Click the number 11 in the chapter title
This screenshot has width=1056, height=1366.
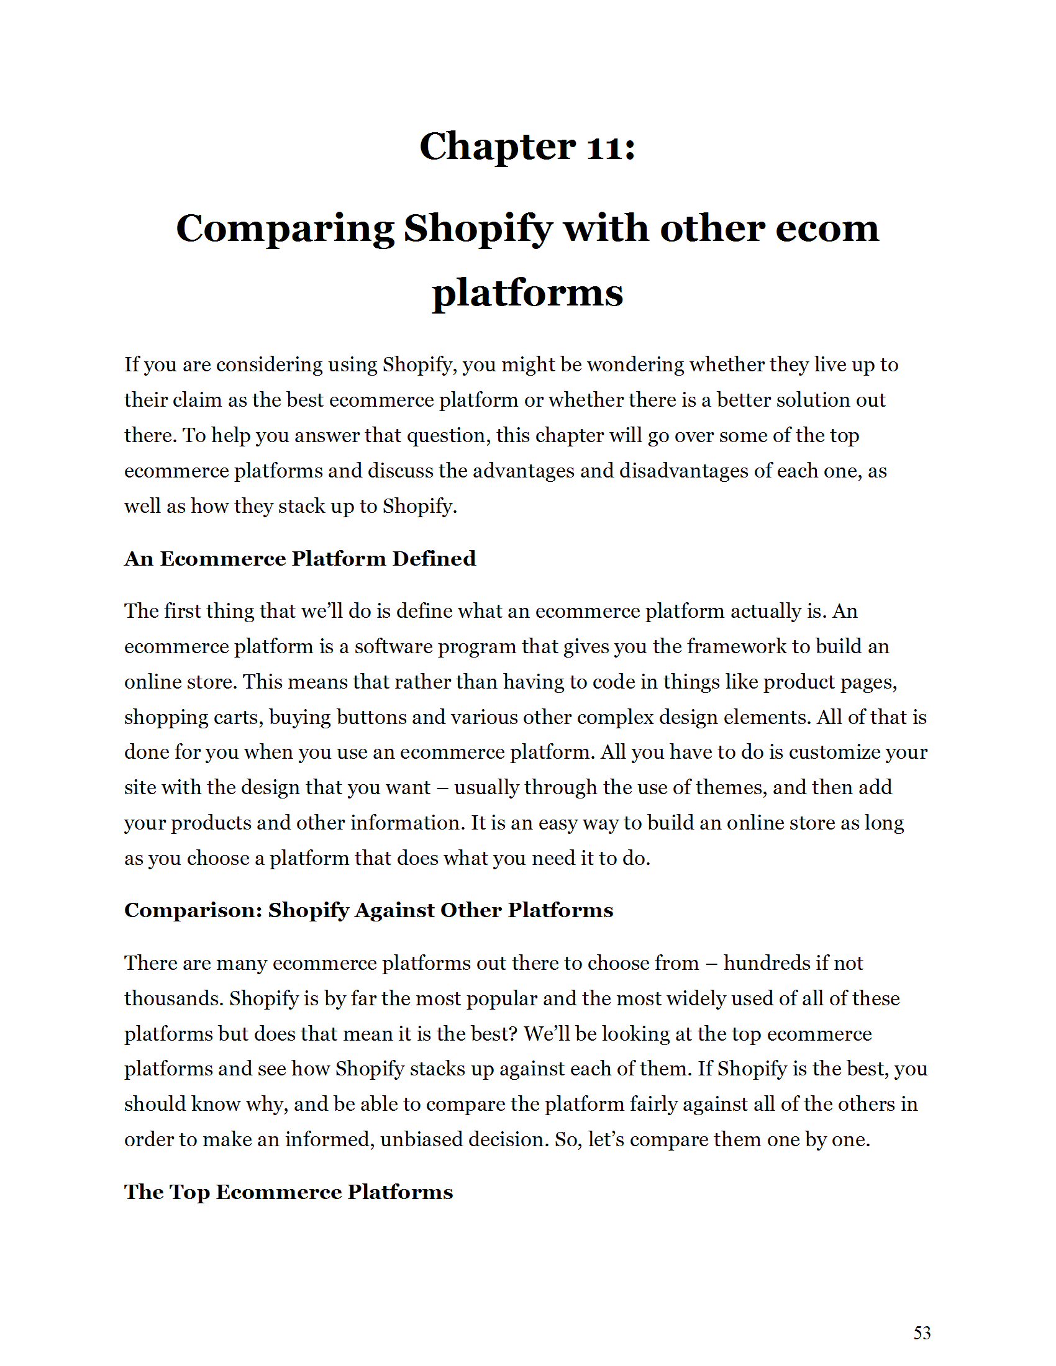(604, 148)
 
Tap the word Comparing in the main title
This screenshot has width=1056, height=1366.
(284, 229)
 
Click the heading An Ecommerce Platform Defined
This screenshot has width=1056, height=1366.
(299, 559)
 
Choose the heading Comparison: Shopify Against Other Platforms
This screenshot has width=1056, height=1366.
(368, 910)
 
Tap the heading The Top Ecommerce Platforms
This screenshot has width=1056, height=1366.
(288, 1192)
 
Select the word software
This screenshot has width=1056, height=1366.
(393, 646)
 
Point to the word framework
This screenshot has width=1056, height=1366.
(736, 646)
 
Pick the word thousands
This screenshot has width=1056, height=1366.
(173, 999)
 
